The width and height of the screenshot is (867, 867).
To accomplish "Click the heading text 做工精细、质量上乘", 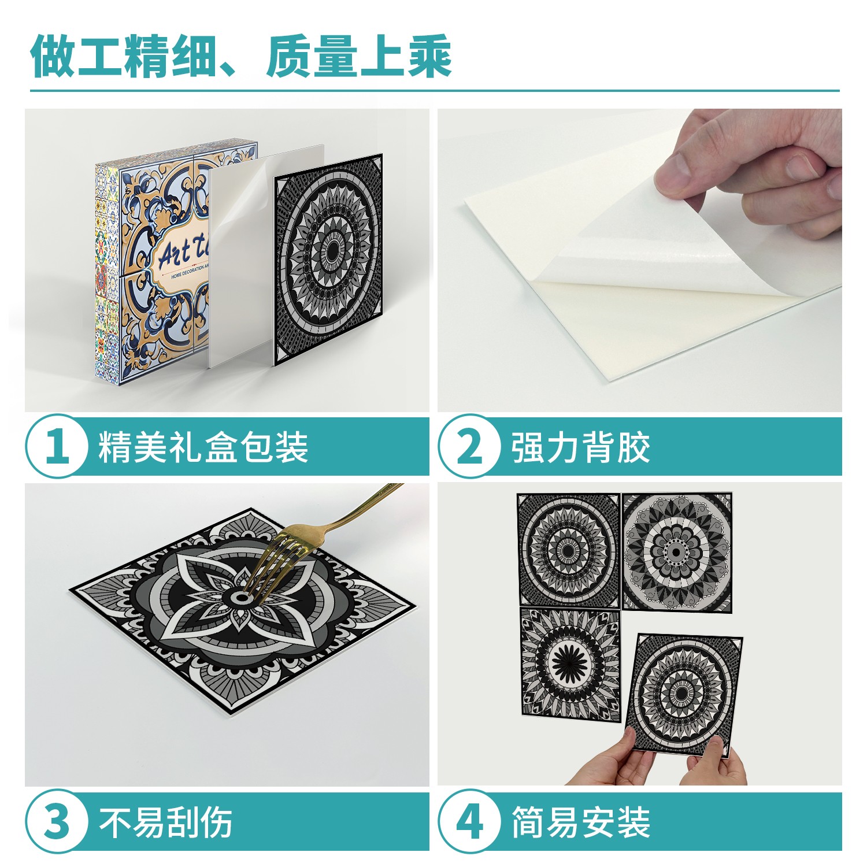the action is coord(240,57).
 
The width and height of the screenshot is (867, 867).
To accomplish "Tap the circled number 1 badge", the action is coord(57,446).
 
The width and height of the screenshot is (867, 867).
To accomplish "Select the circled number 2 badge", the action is coord(469,446).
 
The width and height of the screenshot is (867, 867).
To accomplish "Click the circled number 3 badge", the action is coord(57,821).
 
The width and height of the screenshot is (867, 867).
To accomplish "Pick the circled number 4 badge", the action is coord(469,821).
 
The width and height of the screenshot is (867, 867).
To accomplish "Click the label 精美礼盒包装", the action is coord(203,447).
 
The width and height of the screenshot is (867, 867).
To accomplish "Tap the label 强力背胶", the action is coord(581,447).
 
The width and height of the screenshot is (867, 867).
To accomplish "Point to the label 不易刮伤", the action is coord(166,821).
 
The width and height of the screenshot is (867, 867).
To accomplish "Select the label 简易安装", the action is coord(581,821).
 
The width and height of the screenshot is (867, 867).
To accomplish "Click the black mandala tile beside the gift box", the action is coord(328,259).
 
